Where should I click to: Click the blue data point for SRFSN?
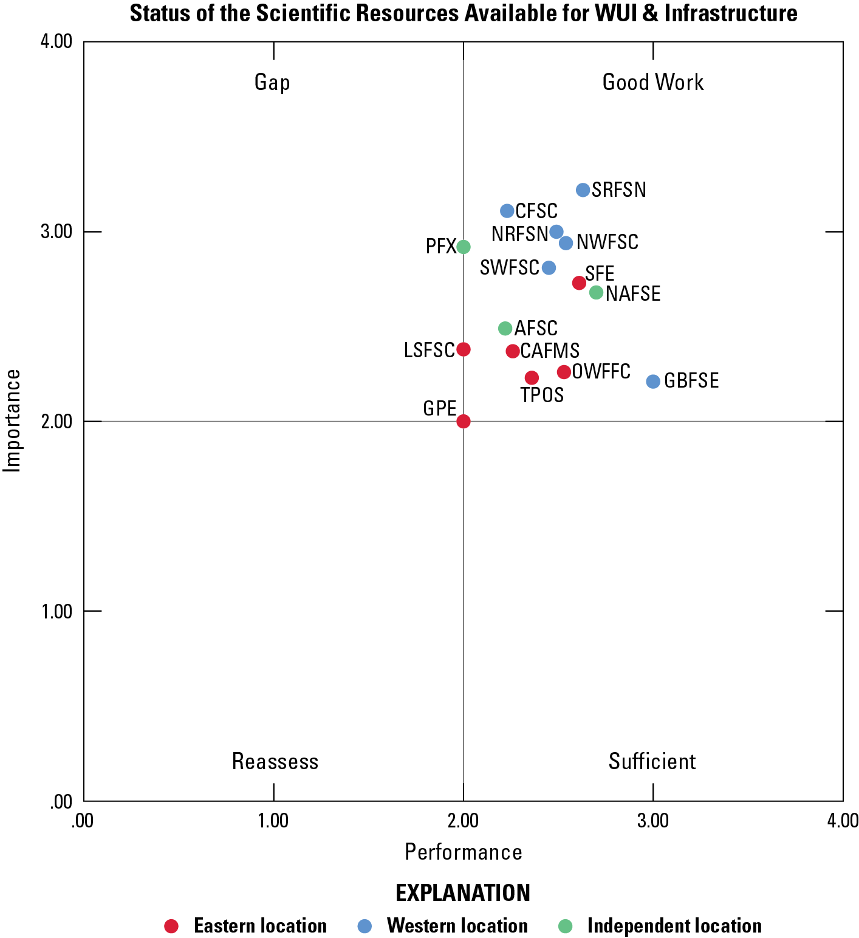click(x=583, y=190)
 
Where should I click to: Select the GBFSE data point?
click(x=653, y=382)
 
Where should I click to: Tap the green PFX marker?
click(x=464, y=247)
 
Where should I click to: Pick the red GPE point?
click(x=464, y=421)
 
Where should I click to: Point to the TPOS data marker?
click(x=532, y=378)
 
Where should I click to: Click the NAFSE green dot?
click(x=597, y=293)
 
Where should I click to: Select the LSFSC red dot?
click(x=464, y=349)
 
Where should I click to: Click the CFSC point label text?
click(x=536, y=211)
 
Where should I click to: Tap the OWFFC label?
click(x=601, y=371)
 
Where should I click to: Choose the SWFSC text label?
click(x=510, y=267)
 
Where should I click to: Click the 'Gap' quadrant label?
click(x=272, y=82)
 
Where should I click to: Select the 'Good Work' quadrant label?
click(x=653, y=82)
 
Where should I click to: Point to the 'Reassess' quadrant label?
click(x=275, y=761)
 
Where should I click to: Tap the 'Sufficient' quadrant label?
click(x=652, y=761)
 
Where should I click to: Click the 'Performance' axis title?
click(x=464, y=852)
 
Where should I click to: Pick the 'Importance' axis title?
click(x=12, y=421)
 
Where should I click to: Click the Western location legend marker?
click(x=364, y=926)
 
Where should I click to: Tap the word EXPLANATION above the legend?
click(x=463, y=893)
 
